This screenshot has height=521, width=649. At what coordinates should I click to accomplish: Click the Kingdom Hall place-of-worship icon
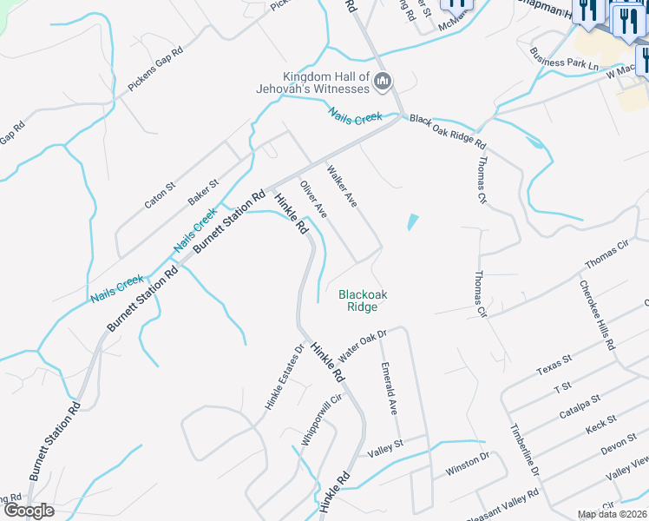tap(383, 82)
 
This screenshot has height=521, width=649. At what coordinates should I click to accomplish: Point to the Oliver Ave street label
tap(312, 200)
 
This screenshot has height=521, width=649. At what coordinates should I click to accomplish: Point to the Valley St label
tap(386, 449)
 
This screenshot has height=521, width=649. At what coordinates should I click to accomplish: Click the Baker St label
tap(203, 192)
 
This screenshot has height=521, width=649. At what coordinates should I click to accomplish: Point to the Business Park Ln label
tap(566, 57)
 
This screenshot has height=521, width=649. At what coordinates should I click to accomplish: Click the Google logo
tap(28, 511)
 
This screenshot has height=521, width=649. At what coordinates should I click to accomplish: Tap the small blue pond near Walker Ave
tap(412, 223)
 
